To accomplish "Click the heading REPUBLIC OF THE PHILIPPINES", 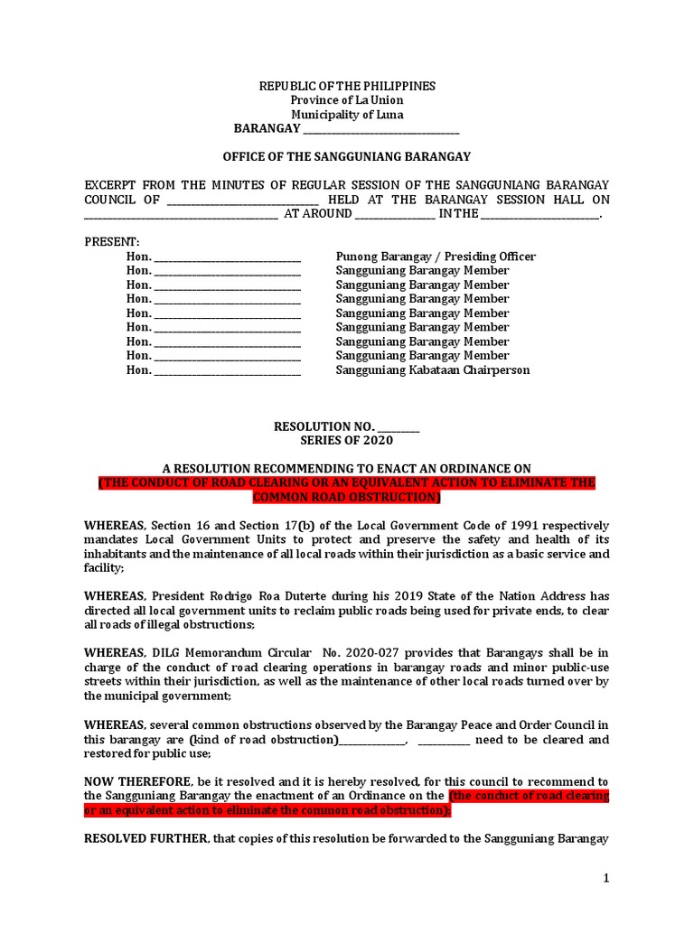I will click(347, 86).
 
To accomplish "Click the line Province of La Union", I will click(347, 100).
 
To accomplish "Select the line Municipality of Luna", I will click(347, 115).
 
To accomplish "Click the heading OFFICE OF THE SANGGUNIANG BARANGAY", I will click(347, 156).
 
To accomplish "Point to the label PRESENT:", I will click(112, 242).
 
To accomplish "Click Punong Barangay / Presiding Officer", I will click(436, 257).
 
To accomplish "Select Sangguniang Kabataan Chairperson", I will click(433, 370).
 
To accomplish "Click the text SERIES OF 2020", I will click(347, 441).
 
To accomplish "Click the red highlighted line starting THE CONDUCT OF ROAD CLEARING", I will click(347, 483).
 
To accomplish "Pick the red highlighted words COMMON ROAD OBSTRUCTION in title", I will click(347, 498).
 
